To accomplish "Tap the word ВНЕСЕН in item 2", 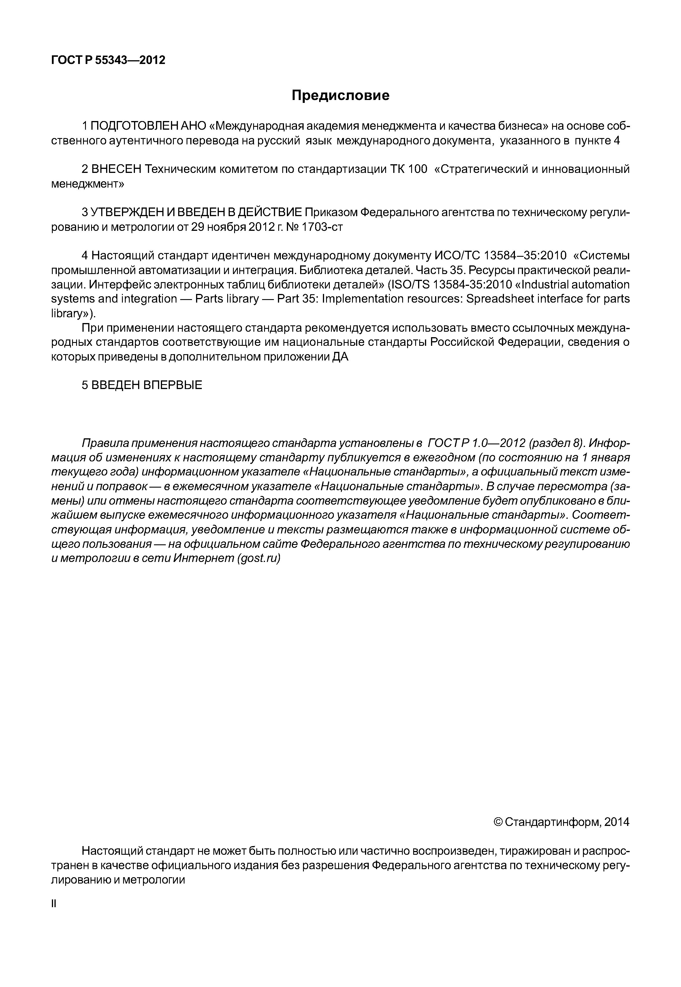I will point(116,169).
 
